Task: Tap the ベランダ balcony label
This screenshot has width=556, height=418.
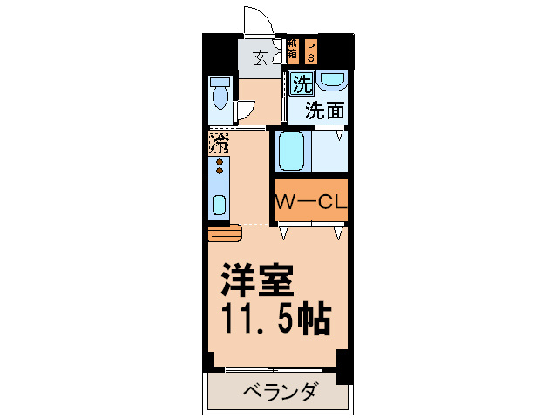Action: (278, 390)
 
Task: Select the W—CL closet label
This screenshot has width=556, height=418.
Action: (312, 202)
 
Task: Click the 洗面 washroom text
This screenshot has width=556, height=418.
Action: (323, 111)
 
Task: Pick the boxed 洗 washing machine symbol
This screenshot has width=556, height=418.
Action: (302, 84)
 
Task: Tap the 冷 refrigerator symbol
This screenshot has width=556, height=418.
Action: (220, 140)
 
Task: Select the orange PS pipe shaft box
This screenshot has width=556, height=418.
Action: (311, 51)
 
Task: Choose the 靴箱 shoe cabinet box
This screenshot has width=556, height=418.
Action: (292, 51)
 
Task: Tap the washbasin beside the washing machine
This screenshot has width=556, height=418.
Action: (332, 82)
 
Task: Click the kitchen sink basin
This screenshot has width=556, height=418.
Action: (220, 206)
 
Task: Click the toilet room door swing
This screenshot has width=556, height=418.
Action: (244, 111)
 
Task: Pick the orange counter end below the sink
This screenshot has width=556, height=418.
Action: (223, 233)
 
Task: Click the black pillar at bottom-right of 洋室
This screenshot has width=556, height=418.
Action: (343, 366)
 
